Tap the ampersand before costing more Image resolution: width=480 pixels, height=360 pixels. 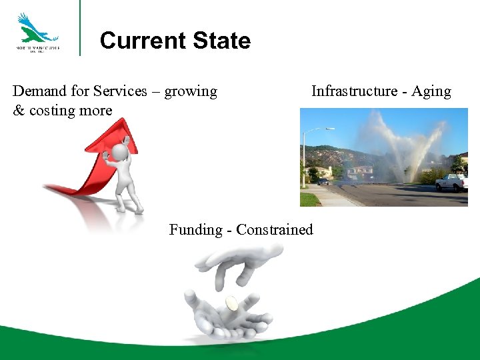19,111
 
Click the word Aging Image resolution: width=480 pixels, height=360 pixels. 431,92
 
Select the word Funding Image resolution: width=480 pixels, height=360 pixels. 195,230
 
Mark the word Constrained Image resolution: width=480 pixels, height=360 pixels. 274,230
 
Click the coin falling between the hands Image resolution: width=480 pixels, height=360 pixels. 231,303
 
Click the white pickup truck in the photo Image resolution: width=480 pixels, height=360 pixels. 451,182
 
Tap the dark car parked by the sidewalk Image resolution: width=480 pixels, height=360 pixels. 323,181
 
